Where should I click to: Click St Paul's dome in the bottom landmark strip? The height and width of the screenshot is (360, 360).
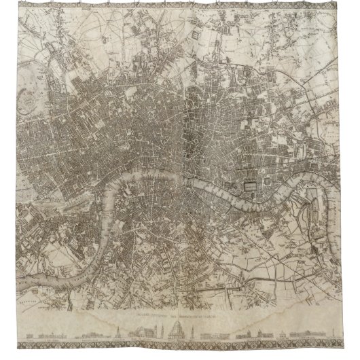pos(175,335)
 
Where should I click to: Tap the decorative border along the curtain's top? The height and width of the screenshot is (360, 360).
pos(180,5)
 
